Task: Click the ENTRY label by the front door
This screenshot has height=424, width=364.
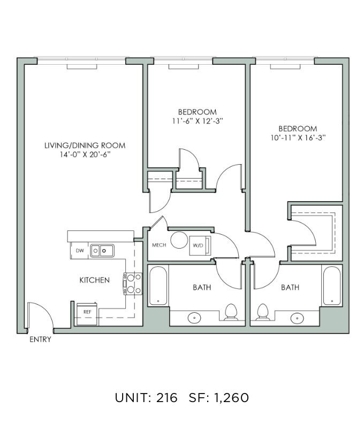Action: (x=40, y=340)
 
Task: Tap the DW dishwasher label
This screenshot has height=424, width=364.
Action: (x=80, y=251)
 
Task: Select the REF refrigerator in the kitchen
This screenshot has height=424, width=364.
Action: (x=87, y=314)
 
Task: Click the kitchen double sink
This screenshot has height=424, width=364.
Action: (x=102, y=251)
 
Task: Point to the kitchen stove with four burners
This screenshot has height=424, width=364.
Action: (x=133, y=284)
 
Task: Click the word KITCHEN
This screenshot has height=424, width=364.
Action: (x=94, y=280)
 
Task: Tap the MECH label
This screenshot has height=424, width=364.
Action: (x=159, y=245)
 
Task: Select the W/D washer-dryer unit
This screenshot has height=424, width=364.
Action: (x=200, y=245)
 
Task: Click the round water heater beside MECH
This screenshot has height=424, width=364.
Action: (x=179, y=240)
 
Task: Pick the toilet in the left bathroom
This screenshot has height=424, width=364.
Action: (x=231, y=312)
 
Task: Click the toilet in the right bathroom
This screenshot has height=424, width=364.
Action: (x=262, y=312)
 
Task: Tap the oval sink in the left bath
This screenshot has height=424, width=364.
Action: (x=194, y=318)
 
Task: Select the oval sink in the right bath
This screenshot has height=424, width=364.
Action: (x=297, y=318)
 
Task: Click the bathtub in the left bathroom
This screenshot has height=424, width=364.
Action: (x=158, y=286)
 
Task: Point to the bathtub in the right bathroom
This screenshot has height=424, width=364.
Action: (x=332, y=286)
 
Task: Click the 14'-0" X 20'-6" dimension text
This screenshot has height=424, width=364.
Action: (x=85, y=155)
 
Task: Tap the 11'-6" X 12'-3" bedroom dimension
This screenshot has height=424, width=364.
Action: (x=198, y=121)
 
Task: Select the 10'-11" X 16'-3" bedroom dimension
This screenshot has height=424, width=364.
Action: (x=298, y=137)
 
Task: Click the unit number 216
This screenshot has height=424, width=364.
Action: (x=166, y=398)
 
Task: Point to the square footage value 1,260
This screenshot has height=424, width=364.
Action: (x=232, y=398)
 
